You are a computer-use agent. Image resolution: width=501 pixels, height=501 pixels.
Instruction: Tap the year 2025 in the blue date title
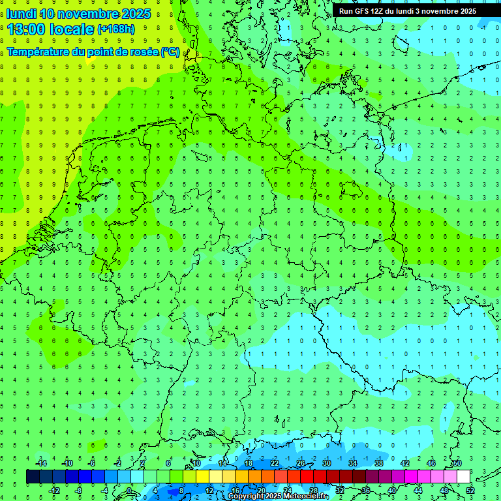[x=131, y=14]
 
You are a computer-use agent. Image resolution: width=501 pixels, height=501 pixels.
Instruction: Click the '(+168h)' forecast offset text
[x=115, y=29]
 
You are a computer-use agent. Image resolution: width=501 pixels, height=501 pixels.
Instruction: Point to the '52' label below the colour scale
[x=470, y=491]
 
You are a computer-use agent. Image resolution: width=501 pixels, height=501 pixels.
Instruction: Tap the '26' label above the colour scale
[x=301, y=463]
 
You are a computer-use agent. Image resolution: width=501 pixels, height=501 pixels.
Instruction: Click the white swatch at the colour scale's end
[x=463, y=477]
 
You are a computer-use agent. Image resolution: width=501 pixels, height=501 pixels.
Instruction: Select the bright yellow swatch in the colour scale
[x=202, y=477]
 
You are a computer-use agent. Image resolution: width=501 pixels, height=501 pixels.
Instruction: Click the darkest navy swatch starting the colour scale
[x=33, y=477]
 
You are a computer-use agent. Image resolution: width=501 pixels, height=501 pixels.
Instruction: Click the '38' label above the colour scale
[x=379, y=463]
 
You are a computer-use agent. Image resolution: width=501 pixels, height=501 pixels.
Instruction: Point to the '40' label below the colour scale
[x=392, y=491]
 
